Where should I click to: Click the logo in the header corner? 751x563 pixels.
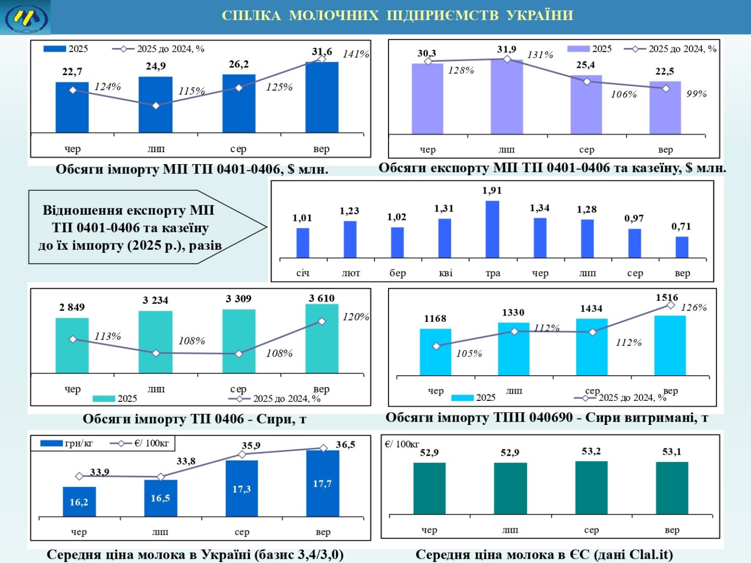pos(26,17)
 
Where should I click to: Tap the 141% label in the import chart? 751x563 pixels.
pos(356,54)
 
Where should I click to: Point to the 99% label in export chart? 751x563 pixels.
pos(696,94)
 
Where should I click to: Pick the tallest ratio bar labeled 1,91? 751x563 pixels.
pos(492,229)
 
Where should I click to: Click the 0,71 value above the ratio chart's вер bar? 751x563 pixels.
pos(681,226)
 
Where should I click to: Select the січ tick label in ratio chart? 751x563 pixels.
pos(302,273)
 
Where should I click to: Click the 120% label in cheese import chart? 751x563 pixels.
pos(356,317)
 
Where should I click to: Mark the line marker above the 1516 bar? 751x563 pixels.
pos(671,305)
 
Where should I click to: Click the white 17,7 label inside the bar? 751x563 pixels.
pos(322,484)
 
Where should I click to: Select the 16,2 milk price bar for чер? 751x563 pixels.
pos(79,502)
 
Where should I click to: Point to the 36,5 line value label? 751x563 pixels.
pos(345,445)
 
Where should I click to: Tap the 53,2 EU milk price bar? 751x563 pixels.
pos(591,488)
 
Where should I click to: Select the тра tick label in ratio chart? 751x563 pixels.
pos(493,273)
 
